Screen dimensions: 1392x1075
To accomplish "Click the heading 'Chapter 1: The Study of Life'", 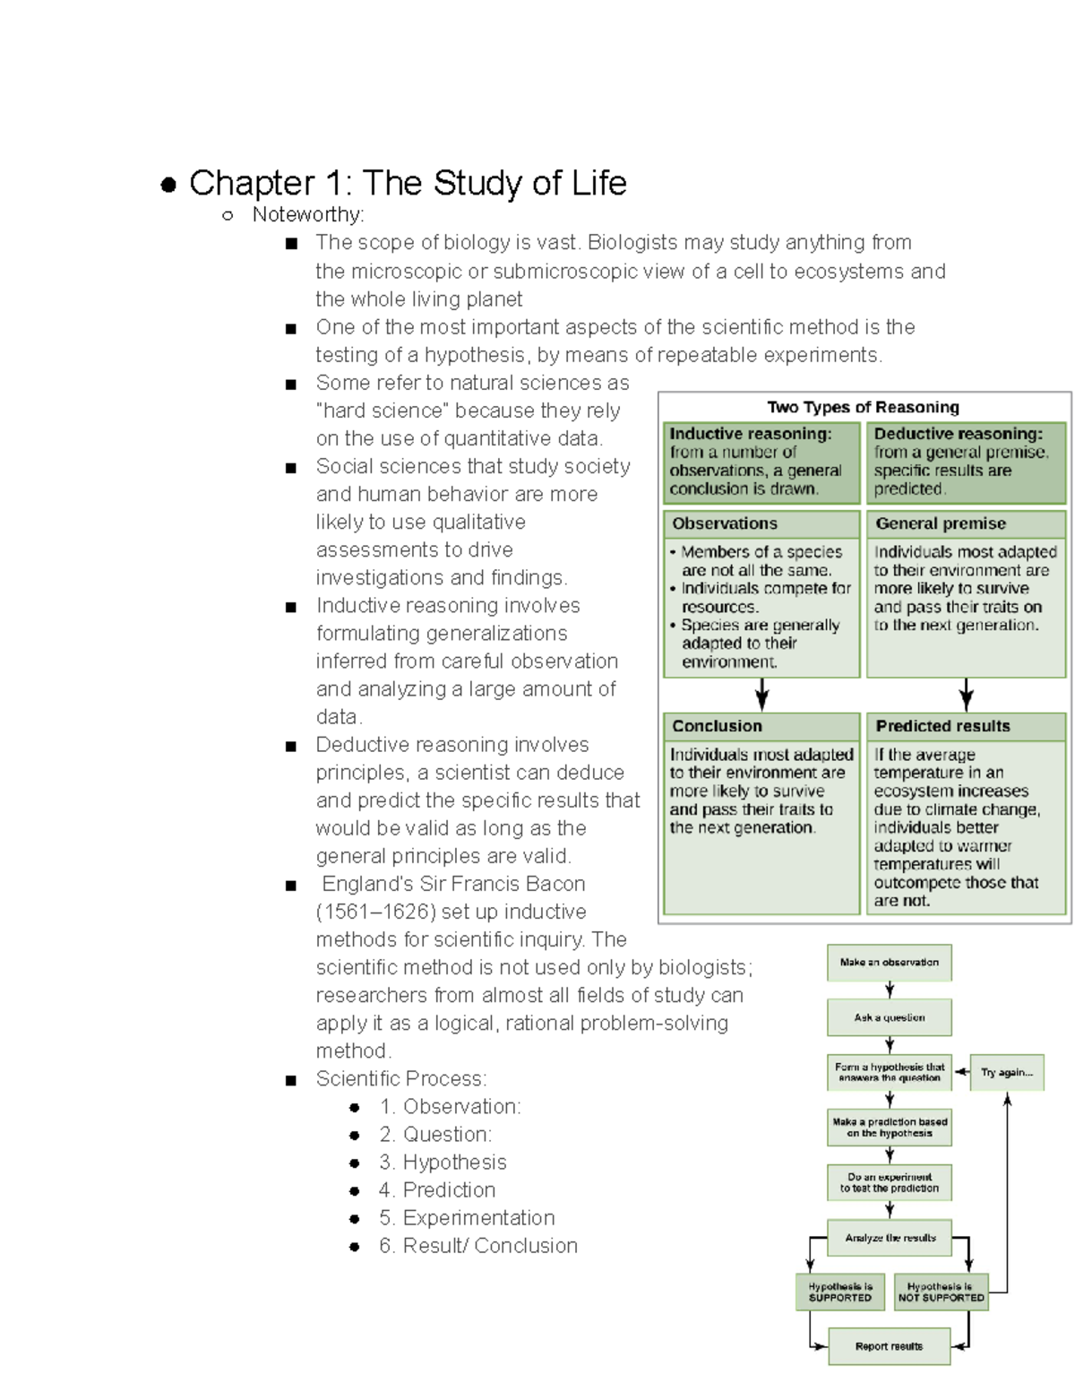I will pyautogui.click(x=407, y=183).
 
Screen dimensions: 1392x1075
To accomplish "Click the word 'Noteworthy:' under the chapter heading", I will pyautogui.click(x=308, y=214).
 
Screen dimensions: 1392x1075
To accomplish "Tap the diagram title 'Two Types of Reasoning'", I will pyautogui.click(x=863, y=407).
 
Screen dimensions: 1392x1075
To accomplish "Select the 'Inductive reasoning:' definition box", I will pyautogui.click(x=760, y=462).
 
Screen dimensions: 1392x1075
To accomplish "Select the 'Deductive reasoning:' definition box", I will pyautogui.click(x=965, y=462).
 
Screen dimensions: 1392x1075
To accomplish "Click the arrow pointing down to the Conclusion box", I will pyautogui.click(x=761, y=695).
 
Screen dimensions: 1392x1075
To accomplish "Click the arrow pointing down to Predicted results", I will pyautogui.click(x=966, y=695).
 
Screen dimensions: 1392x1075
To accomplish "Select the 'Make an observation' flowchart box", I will pyautogui.click(x=889, y=963).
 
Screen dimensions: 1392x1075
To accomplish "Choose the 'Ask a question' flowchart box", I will pyautogui.click(x=889, y=1018).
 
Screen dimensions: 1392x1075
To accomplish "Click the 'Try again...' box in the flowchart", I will pyautogui.click(x=1007, y=1072).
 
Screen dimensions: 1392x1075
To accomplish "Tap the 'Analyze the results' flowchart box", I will pyautogui.click(x=889, y=1238).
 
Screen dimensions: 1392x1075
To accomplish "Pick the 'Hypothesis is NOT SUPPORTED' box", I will pyautogui.click(x=941, y=1292).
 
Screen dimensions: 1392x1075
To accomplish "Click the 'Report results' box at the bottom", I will pyautogui.click(x=889, y=1346).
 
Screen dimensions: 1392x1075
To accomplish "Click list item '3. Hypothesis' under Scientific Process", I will pyautogui.click(x=443, y=1163).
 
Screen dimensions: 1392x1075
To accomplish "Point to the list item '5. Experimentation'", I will pyautogui.click(x=467, y=1218).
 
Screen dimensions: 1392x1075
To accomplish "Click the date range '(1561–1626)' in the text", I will pyautogui.click(x=375, y=912).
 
